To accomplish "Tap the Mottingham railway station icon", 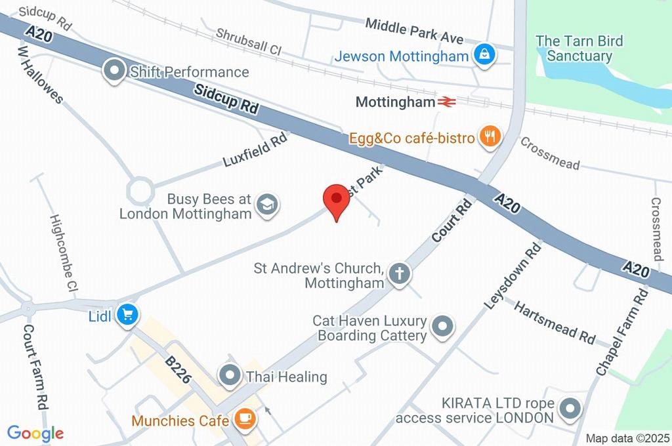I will coord(448,102).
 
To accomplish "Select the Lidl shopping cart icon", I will coord(127,315).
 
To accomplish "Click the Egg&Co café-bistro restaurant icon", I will coord(490,137).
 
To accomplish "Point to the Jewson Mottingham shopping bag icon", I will coord(484,56).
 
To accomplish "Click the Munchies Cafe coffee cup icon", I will coord(245,418).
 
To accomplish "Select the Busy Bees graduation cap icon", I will coord(267,205).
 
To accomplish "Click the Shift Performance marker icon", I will coord(115,71).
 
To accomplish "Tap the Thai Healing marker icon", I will coord(230,376).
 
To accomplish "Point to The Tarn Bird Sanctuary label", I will coord(579,49).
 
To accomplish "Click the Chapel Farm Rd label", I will coord(621,333).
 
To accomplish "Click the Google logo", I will coord(35,433).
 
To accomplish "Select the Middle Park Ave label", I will coord(414,31).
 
